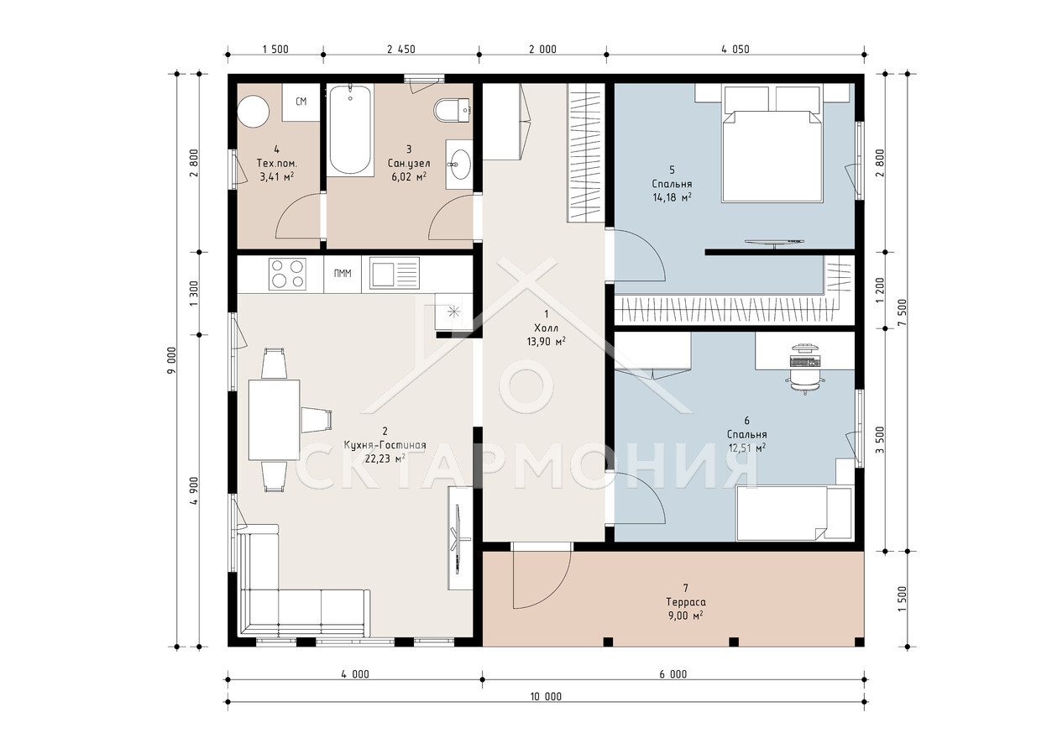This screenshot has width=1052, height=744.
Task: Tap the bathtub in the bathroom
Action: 350,130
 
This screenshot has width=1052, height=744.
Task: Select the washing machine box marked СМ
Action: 301,102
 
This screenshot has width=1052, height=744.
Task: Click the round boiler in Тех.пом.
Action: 254,112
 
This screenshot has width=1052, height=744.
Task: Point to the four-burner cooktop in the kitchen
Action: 287,274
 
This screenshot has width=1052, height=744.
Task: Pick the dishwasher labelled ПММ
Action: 343,274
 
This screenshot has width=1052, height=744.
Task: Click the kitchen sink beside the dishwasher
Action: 394,274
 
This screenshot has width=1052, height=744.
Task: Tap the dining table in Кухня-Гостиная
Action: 274,420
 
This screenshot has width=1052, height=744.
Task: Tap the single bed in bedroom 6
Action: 794,513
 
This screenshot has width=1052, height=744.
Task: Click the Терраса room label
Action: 686,602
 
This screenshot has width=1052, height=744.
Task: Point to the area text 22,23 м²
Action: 385,458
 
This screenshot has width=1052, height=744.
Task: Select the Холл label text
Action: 546,327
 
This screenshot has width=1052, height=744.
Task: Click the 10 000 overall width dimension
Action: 546,697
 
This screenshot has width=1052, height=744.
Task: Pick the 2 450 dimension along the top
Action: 401,50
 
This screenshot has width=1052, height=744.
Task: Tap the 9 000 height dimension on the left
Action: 172,360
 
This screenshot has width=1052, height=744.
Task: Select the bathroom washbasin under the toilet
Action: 459,165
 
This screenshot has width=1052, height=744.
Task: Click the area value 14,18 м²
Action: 672,197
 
